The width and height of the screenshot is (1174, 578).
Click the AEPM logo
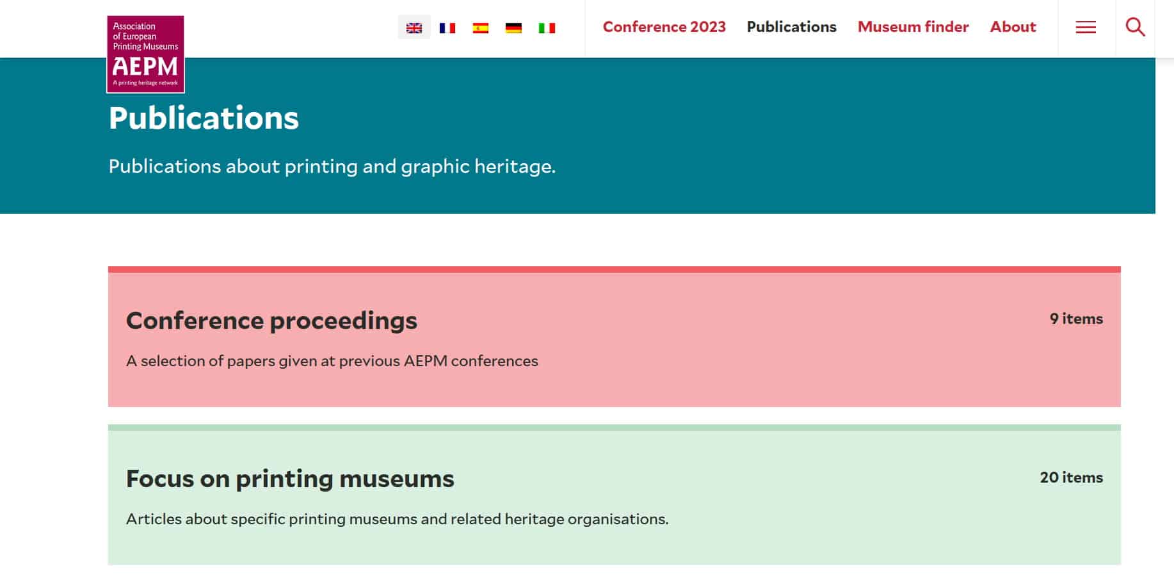pos(145,54)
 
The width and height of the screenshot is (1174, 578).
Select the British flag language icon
pos(414,28)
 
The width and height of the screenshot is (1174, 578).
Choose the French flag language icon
pos(447,28)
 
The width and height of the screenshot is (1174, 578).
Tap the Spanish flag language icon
pos(481,28)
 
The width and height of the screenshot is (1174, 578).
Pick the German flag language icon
pos(513,28)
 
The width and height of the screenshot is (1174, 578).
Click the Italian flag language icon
pos(547,28)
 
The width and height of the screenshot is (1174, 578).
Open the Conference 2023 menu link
pos(664,27)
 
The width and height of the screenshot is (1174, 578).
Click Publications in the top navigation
pos(792,27)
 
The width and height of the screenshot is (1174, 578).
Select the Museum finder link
pos(913,27)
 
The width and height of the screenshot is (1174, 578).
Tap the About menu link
pos(1013,27)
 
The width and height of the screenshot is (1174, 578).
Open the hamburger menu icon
pos(1086,28)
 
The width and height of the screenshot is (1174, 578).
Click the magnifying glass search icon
pos(1136,27)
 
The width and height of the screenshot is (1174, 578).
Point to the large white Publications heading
pos(204,118)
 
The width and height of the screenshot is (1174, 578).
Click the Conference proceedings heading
pos(271,321)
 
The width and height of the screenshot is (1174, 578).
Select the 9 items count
pos(1077,319)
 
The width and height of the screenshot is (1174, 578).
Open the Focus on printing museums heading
pos(290,479)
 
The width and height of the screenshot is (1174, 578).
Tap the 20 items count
pos(1072,478)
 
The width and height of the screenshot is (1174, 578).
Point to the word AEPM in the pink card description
pos(426,361)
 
